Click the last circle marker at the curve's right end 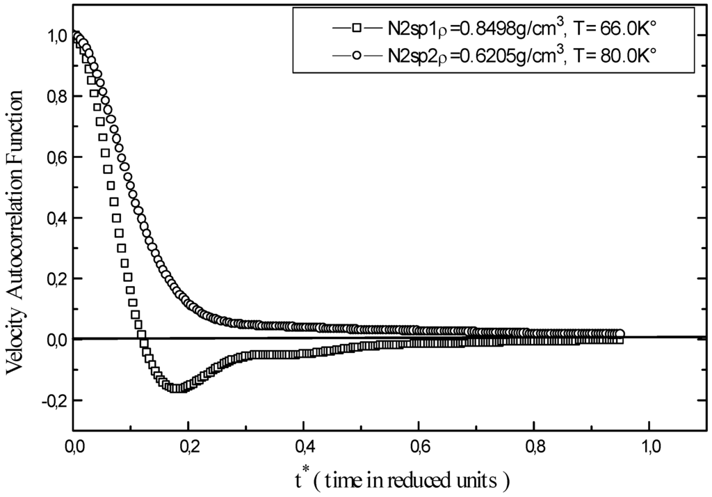click(620, 334)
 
